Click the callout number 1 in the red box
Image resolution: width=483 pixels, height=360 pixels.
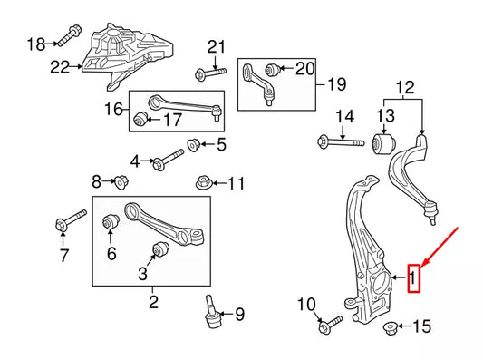click(x=414, y=277)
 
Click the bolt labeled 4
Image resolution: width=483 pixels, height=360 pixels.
click(x=166, y=163)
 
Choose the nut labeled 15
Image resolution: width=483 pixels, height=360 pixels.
click(x=390, y=326)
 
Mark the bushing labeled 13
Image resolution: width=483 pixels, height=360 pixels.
click(x=385, y=142)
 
